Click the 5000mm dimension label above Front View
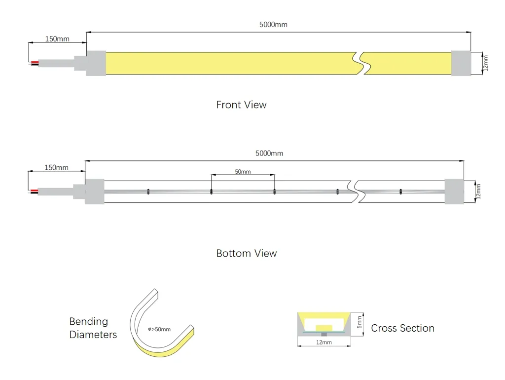click(x=273, y=25)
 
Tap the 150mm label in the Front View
click(x=57, y=38)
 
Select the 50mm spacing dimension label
click(x=243, y=171)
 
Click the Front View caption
click(x=241, y=105)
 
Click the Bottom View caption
click(x=247, y=253)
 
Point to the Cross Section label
click(x=402, y=328)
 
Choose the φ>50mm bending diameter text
click(x=159, y=329)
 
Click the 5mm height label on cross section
click(x=360, y=322)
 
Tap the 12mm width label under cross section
click(x=324, y=342)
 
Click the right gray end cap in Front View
click(x=461, y=63)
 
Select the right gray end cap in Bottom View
click(x=454, y=191)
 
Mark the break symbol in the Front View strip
click(x=361, y=63)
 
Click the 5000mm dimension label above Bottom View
click(x=269, y=153)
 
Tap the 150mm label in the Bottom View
click(x=56, y=168)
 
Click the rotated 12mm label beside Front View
click(x=485, y=63)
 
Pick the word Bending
click(x=89, y=321)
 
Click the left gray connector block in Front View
click(x=96, y=63)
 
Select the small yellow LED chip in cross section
click(x=324, y=328)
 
